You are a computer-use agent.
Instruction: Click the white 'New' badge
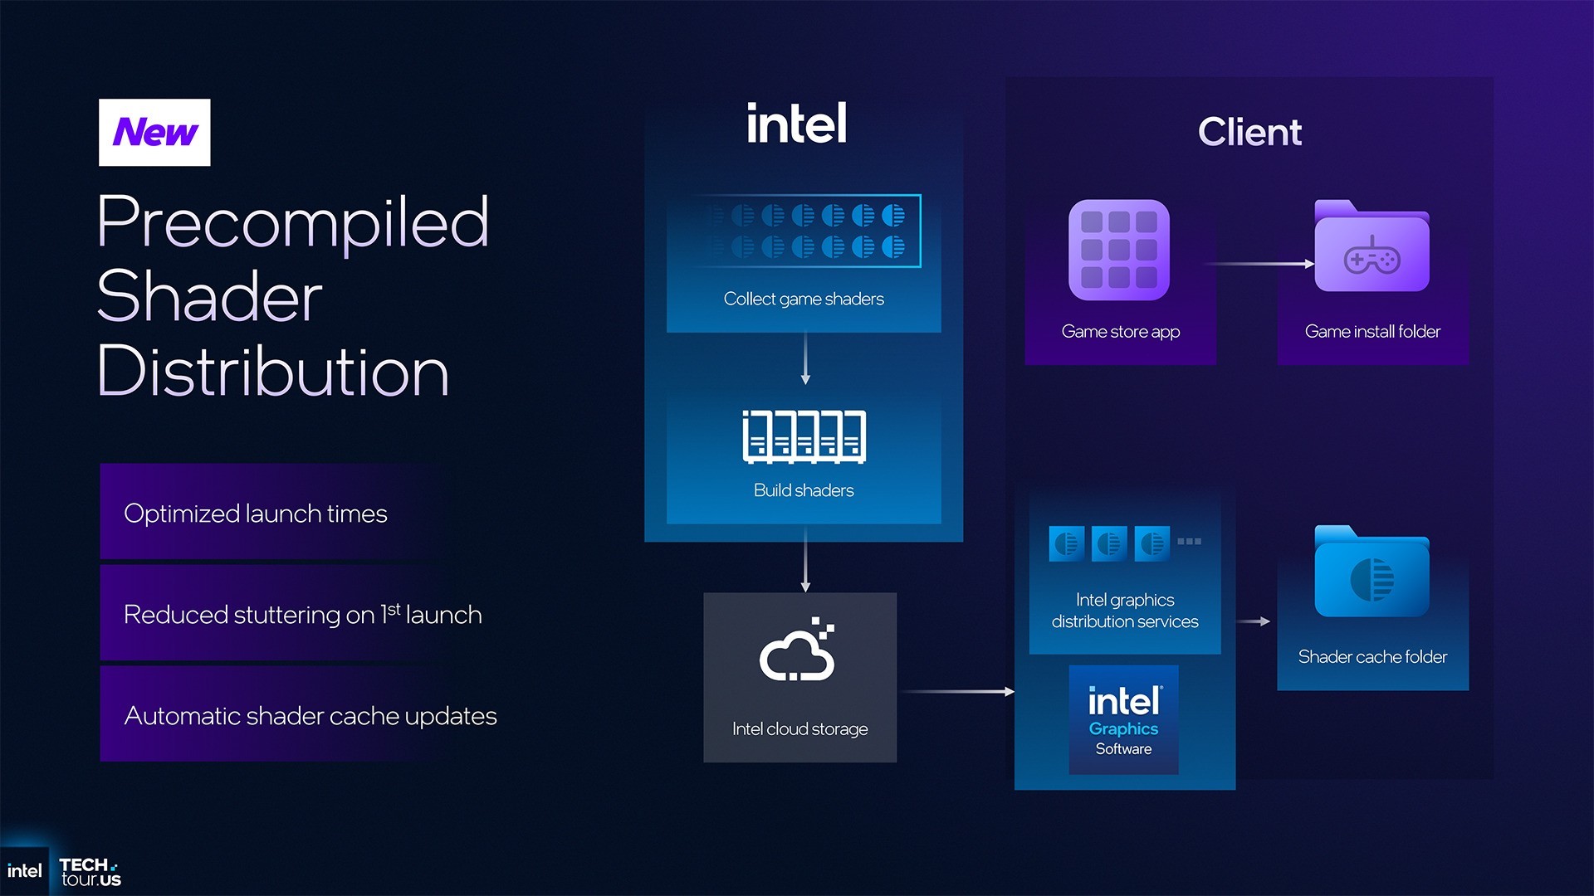point(154,133)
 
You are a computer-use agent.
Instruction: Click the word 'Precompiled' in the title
point(292,222)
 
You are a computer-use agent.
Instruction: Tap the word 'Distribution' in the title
point(272,372)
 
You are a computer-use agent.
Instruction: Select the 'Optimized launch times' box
point(256,514)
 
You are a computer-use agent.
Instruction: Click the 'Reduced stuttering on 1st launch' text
point(302,615)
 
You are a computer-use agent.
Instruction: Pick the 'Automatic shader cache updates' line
point(310,716)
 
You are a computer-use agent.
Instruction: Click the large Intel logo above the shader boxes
point(796,124)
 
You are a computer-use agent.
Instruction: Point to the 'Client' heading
point(1249,133)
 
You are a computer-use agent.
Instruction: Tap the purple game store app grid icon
point(1118,250)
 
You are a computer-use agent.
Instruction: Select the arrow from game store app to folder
point(1258,264)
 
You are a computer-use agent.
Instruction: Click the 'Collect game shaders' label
point(803,299)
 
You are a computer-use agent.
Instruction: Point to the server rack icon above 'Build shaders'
point(804,436)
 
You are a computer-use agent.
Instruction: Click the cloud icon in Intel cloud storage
point(797,651)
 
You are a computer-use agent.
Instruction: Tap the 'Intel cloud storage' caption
point(799,729)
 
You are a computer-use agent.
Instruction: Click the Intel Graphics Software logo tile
point(1123,719)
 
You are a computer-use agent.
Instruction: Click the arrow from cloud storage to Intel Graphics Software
point(956,691)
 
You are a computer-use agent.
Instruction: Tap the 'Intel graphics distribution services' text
point(1125,611)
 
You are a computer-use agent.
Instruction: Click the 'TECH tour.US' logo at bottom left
point(90,873)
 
